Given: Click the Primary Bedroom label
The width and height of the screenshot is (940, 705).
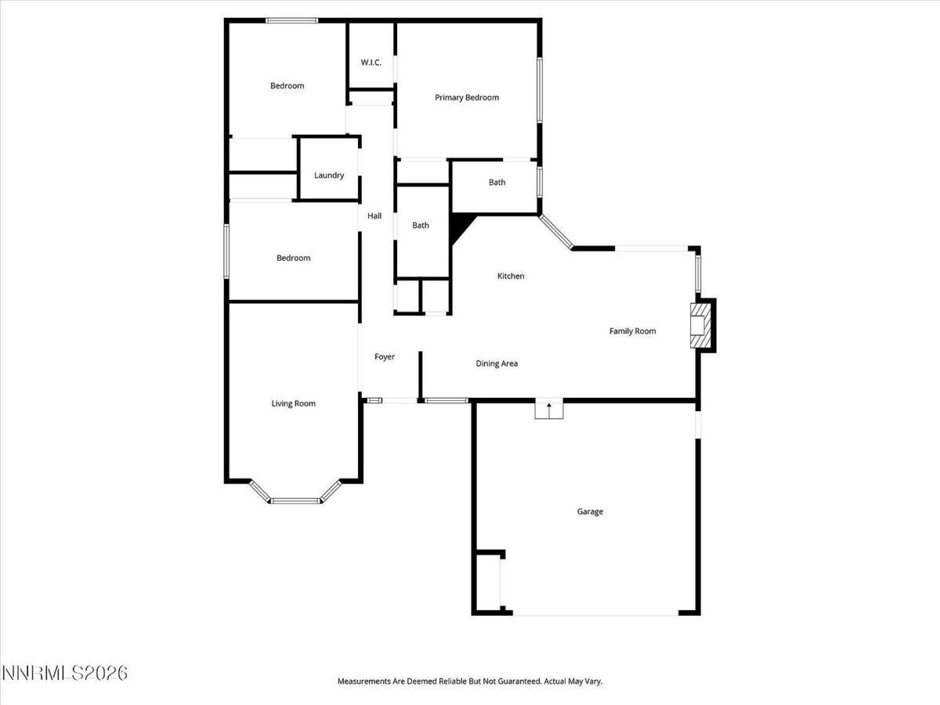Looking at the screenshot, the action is coord(467,98).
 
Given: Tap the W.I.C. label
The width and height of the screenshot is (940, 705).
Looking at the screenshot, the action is coord(371,63).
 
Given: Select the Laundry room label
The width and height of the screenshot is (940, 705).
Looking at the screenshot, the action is coord(329,175).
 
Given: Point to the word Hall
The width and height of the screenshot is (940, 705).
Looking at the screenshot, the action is coord(374,216).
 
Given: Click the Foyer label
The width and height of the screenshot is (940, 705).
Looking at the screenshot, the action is coord(385,357).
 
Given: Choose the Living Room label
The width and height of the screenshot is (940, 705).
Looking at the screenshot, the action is coord(293,403).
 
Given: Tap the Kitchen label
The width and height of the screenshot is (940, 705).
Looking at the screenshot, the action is coord(511,276).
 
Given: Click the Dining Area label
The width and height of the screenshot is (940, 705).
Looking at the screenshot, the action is coord(497,363).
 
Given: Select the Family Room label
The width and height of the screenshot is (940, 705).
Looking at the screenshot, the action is coord(632,331).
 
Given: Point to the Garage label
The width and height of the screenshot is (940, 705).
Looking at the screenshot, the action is coord(590,512).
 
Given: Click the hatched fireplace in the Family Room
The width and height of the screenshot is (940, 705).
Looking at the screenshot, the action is coord(700,325).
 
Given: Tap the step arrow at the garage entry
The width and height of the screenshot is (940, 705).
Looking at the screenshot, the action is coord(549,410).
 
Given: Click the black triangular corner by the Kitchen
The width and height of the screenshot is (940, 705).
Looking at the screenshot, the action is coord(461,227).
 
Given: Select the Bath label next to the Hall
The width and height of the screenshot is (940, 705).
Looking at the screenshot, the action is coord(421,226).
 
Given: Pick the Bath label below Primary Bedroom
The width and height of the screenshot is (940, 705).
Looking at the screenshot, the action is coord(497,183).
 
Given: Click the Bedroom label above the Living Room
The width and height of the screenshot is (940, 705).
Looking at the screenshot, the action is coord(293,258).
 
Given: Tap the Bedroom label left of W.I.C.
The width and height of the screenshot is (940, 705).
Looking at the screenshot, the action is coord(287,86).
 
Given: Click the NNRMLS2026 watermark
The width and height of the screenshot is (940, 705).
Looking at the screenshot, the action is coord(65,673).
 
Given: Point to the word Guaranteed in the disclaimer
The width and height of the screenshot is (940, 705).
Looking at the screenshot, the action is coord(519,681).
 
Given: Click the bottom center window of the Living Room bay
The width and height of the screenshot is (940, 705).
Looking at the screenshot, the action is coord(295,501).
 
